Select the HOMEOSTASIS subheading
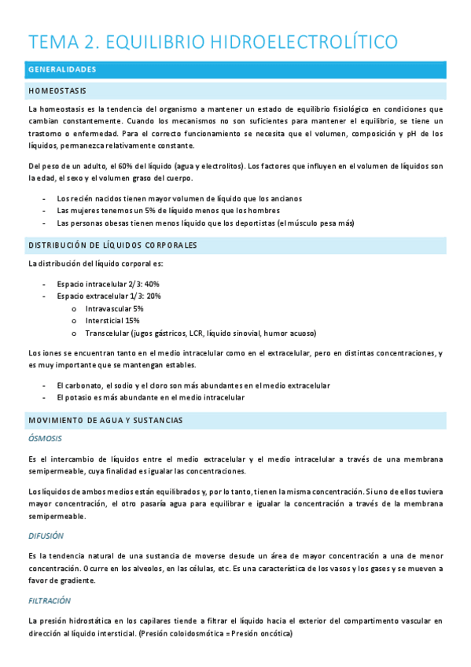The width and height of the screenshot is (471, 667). point(57,90)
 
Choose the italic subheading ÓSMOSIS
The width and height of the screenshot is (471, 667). point(45,438)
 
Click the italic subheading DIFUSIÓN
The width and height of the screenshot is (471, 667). point(45,536)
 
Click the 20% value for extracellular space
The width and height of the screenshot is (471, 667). point(154,297)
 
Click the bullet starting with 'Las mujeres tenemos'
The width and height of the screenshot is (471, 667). point(168,211)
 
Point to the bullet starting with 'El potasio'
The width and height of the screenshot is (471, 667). point(150,398)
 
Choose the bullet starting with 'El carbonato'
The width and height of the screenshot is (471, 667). point(193,385)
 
